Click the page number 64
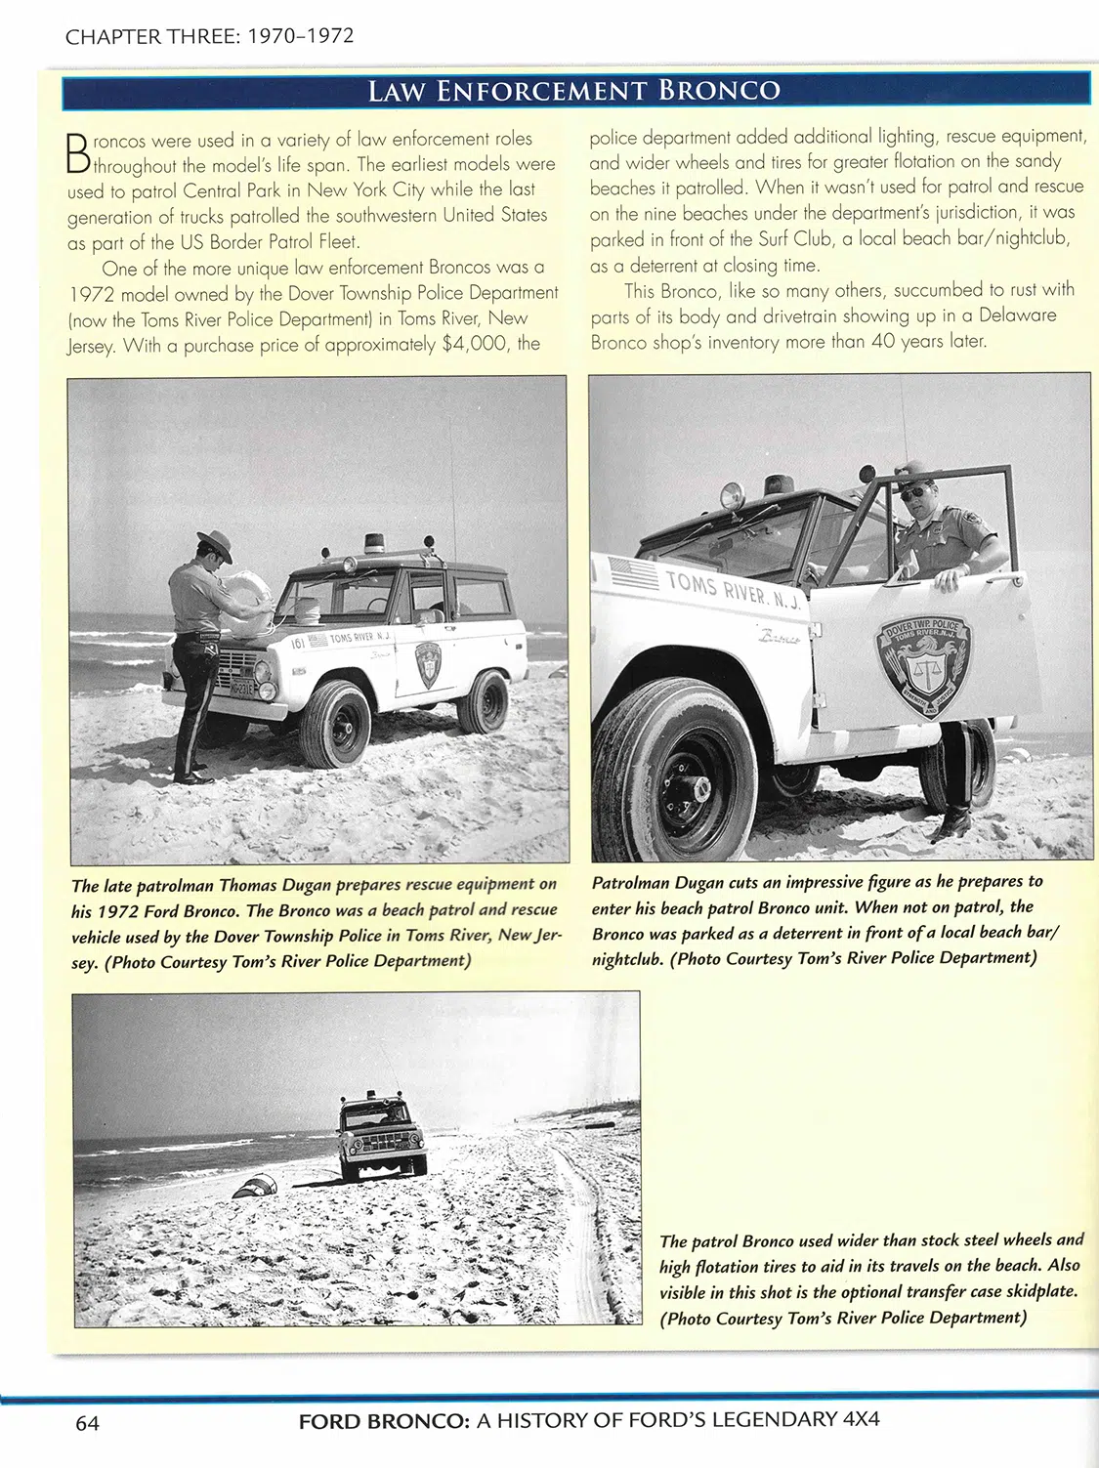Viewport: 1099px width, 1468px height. pyautogui.click(x=87, y=1423)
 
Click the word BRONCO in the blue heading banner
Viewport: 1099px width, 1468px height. pyautogui.click(x=719, y=91)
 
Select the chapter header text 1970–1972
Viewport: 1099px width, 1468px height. pyautogui.click(x=301, y=37)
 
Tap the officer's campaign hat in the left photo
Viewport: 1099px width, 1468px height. pyautogui.click(x=214, y=545)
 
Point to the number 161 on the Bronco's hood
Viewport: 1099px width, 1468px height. pyautogui.click(x=298, y=644)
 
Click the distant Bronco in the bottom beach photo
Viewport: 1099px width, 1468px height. pyautogui.click(x=382, y=1133)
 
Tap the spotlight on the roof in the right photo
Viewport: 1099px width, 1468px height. pyautogui.click(x=733, y=495)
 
